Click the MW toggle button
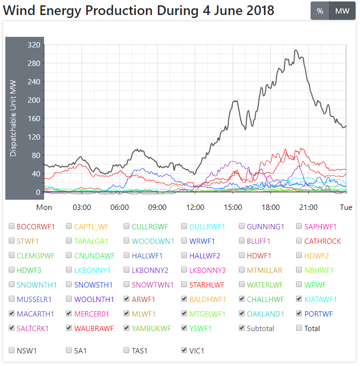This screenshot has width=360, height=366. click(342, 11)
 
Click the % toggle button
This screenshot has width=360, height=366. click(320, 11)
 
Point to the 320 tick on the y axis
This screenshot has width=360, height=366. click(33, 45)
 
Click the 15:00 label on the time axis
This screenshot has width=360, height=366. click(233, 207)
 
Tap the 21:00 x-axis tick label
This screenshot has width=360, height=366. click(308, 207)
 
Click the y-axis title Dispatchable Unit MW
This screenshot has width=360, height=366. click(13, 118)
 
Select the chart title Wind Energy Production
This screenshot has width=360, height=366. click(139, 10)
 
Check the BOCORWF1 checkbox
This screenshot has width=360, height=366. click(12, 226)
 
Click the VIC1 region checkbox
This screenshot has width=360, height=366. click(185, 350)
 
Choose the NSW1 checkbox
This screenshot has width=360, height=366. click(12, 350)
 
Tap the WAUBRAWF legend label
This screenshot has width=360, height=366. click(94, 328)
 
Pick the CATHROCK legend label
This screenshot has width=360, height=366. click(322, 241)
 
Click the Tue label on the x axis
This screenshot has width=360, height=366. click(346, 207)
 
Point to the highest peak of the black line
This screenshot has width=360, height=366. click(296, 50)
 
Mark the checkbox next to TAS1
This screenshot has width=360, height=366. click(127, 350)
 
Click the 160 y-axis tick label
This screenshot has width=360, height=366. click(33, 118)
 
